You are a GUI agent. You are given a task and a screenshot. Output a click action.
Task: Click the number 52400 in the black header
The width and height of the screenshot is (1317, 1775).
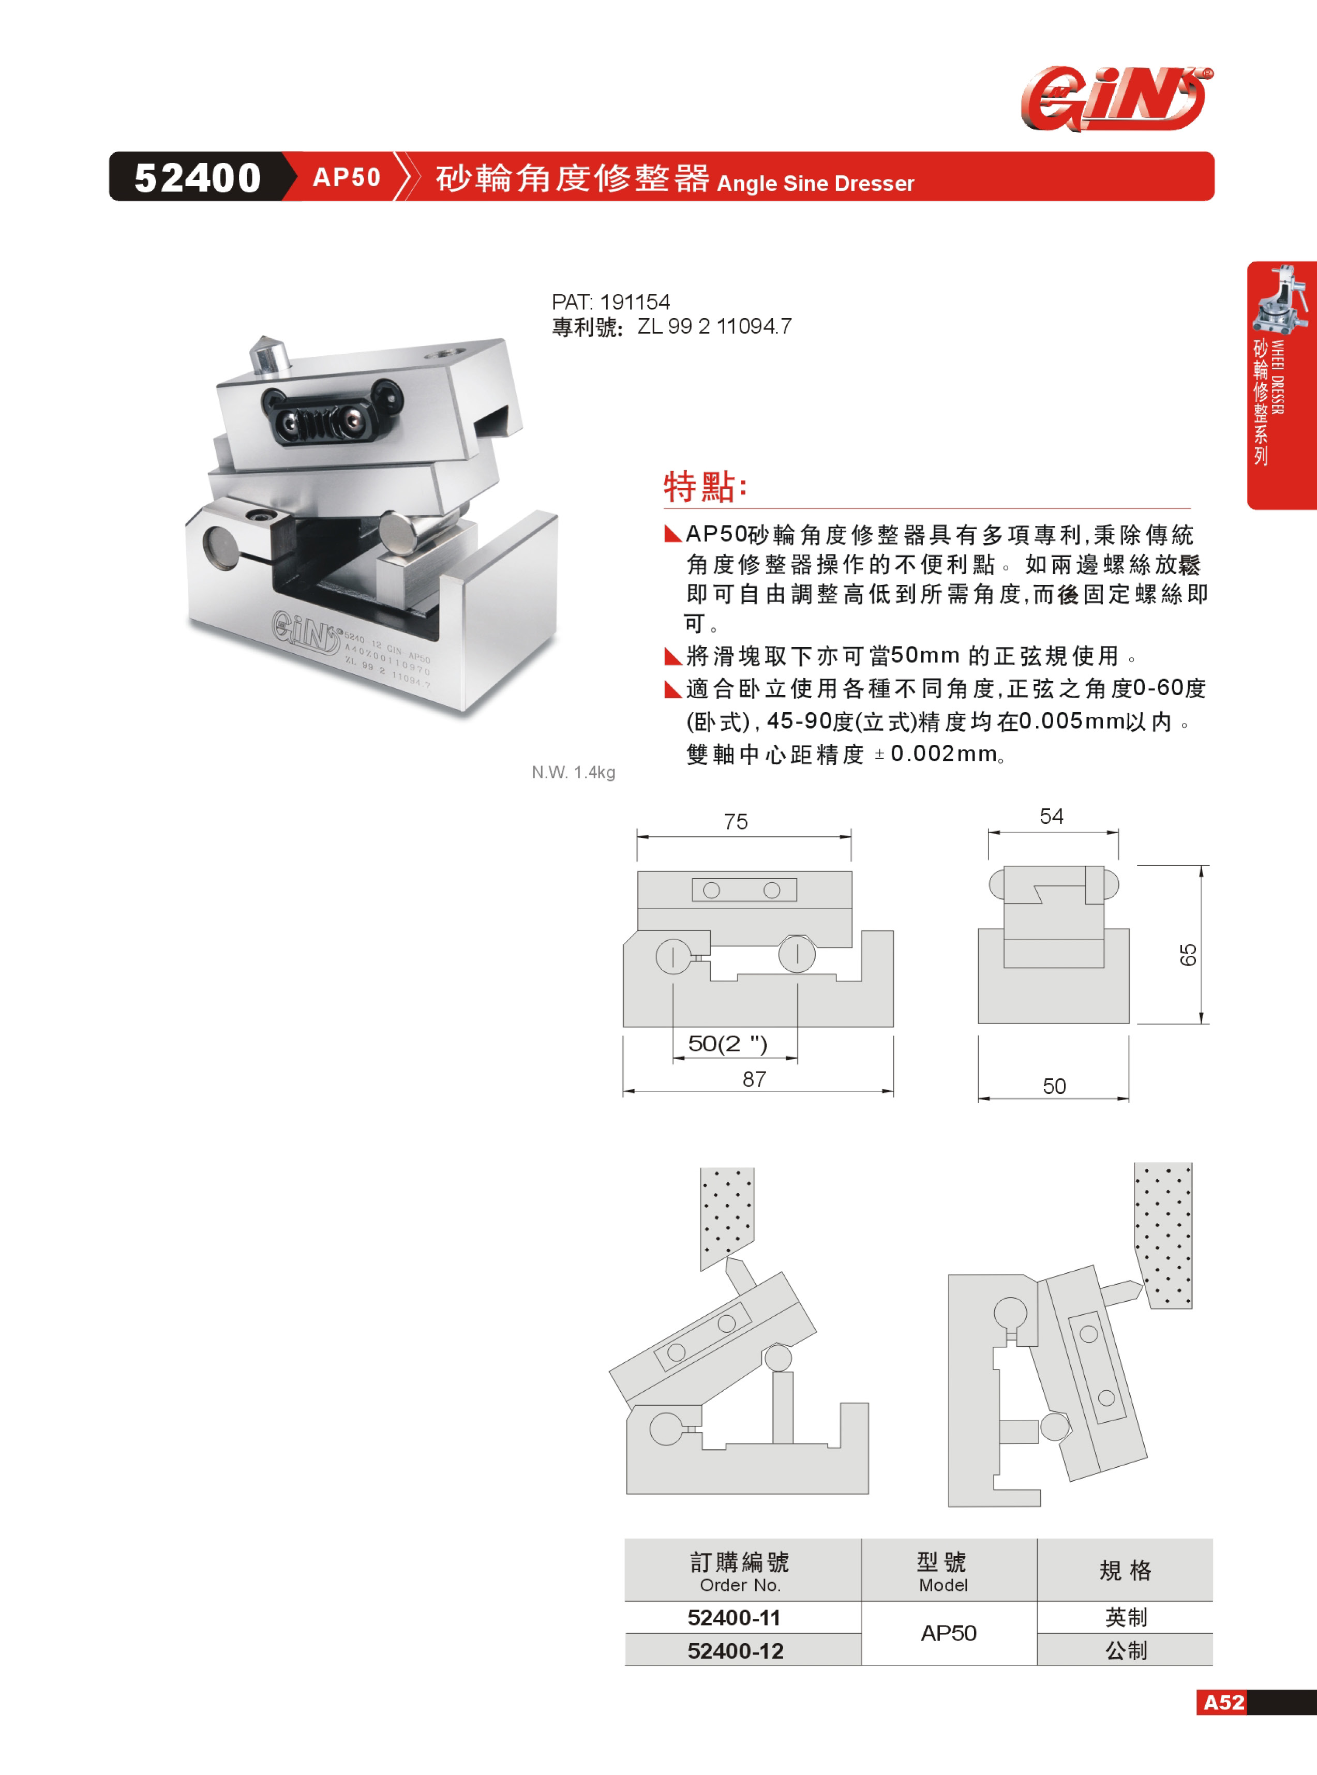click(198, 177)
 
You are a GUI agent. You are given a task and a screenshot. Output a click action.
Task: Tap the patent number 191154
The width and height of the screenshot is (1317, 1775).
click(635, 302)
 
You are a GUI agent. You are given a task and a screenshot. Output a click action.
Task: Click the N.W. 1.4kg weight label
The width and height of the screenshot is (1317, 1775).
click(573, 772)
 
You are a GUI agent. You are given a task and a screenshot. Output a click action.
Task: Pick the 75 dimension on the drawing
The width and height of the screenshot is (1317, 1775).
click(736, 822)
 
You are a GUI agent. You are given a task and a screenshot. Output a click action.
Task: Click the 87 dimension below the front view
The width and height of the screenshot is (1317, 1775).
click(754, 1079)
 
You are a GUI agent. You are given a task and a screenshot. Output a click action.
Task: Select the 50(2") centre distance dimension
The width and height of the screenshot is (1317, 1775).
click(727, 1043)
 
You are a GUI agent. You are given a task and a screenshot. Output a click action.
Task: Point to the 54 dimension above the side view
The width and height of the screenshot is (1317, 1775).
click(1052, 816)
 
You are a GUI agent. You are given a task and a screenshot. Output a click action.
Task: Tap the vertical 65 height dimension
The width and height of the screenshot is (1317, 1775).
click(1188, 954)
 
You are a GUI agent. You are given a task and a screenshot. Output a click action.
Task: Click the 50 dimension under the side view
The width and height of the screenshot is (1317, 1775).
click(1054, 1087)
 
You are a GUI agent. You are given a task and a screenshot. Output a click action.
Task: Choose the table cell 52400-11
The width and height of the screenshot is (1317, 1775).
click(734, 1617)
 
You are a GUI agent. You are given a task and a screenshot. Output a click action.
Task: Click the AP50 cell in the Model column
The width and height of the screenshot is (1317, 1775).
click(949, 1633)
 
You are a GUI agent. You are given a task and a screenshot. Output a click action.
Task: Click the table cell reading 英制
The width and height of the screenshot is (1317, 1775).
click(1126, 1617)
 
